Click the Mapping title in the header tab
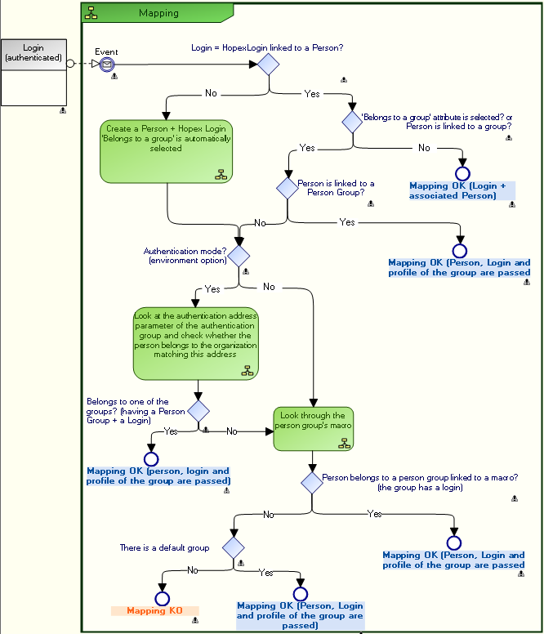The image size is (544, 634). (x=158, y=13)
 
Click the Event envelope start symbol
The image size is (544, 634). (x=106, y=65)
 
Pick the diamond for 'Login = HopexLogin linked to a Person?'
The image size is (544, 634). (x=269, y=65)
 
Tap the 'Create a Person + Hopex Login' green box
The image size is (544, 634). (x=167, y=151)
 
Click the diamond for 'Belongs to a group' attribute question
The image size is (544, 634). (x=352, y=123)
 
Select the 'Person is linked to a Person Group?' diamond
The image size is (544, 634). (x=288, y=188)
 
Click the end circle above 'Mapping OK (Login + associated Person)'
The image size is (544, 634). (x=463, y=173)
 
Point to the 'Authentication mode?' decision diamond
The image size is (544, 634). (x=239, y=255)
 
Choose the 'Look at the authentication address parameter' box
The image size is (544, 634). (x=196, y=343)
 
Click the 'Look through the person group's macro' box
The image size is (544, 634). (x=314, y=429)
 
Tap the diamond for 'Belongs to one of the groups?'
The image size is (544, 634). (x=198, y=410)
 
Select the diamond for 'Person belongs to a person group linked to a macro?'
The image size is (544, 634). (x=312, y=481)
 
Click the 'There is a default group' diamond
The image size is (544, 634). (x=234, y=547)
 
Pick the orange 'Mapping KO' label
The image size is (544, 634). (x=154, y=610)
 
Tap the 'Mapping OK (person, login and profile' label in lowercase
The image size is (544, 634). (x=158, y=475)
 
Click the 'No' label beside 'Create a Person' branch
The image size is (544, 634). (x=211, y=93)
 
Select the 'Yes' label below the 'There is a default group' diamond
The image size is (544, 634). (x=266, y=573)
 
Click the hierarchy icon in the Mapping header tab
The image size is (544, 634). (x=91, y=13)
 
